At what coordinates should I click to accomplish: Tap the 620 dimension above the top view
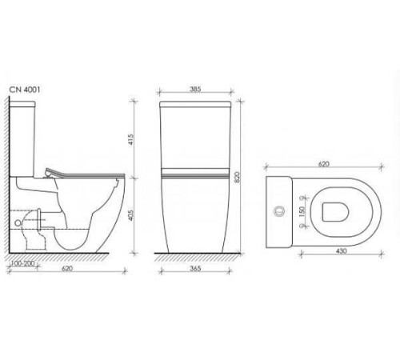[323, 163]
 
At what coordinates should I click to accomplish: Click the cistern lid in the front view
[195, 102]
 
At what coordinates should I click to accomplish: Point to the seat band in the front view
[195, 172]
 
